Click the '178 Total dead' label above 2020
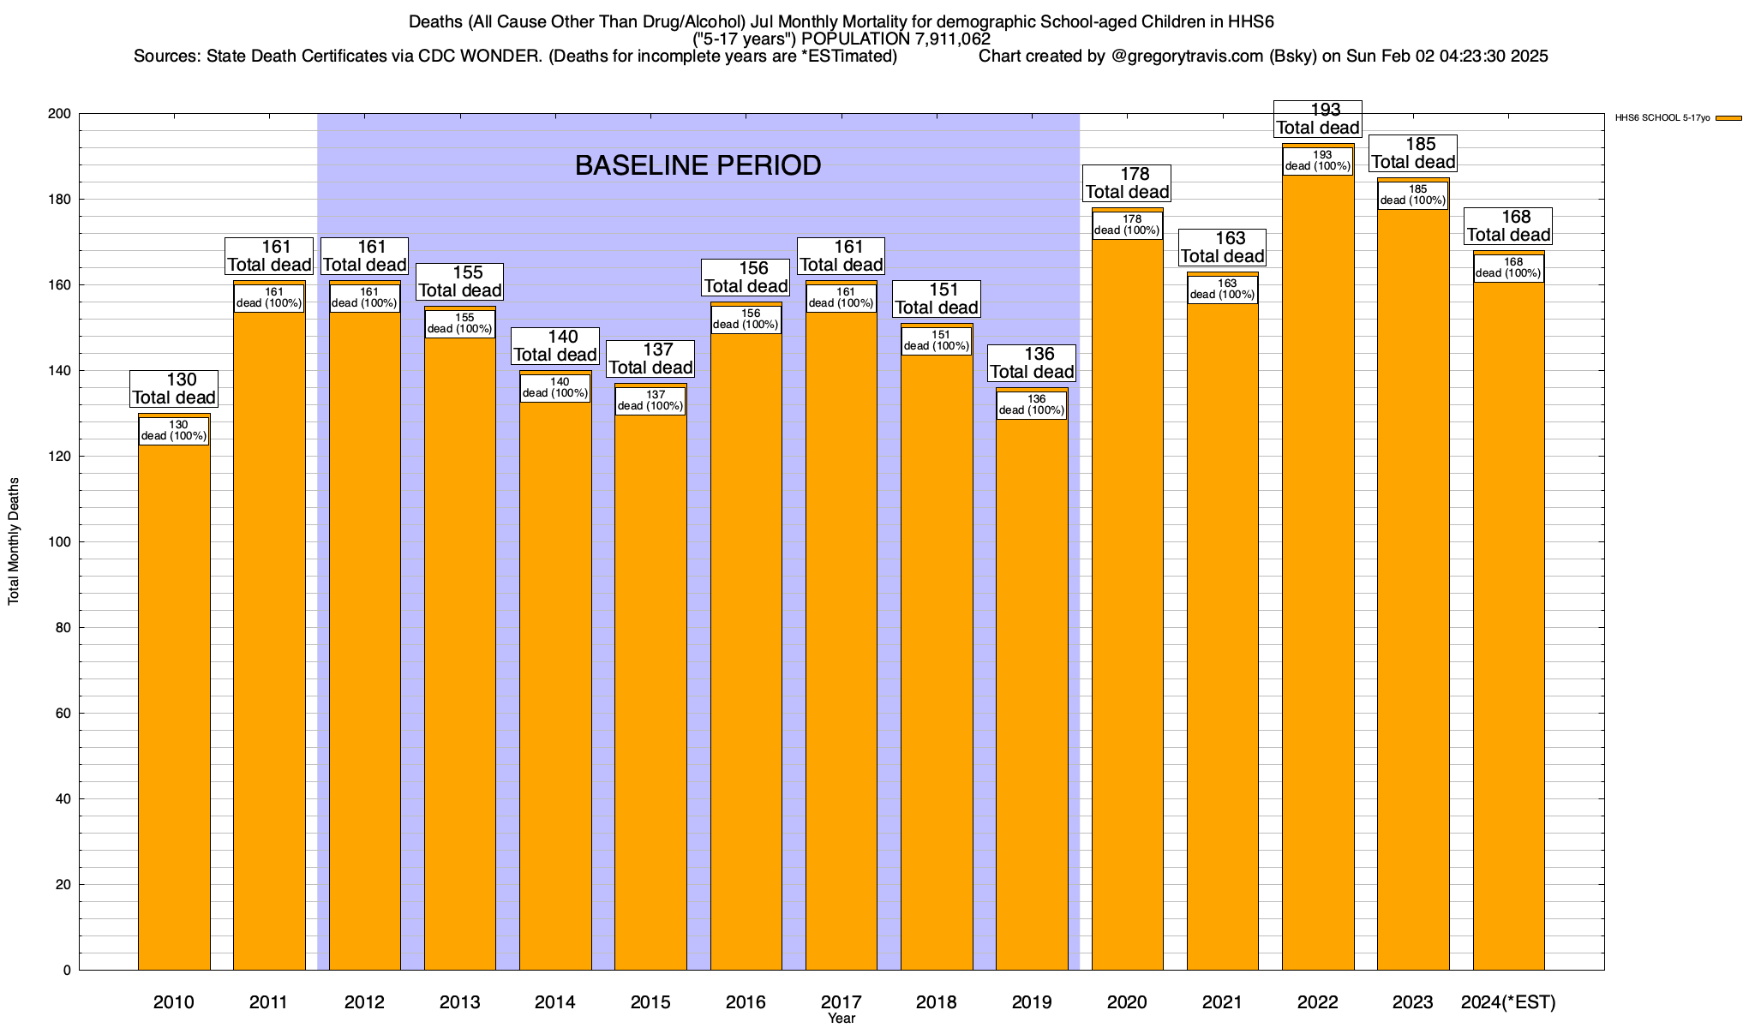[x=1127, y=183]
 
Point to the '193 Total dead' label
[x=1318, y=119]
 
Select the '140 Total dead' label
[x=555, y=346]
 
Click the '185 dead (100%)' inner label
[x=1413, y=195]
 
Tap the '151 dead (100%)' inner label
[x=937, y=341]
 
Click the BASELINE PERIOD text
[x=698, y=165]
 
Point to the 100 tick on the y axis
[x=61, y=542]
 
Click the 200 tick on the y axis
[x=61, y=114]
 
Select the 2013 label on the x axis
[x=459, y=1002]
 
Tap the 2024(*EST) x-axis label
[x=1508, y=1002]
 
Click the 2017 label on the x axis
[x=841, y=1002]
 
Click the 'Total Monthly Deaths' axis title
[x=14, y=541]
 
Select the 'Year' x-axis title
[x=842, y=1019]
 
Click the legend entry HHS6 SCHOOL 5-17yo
[x=1662, y=118]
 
